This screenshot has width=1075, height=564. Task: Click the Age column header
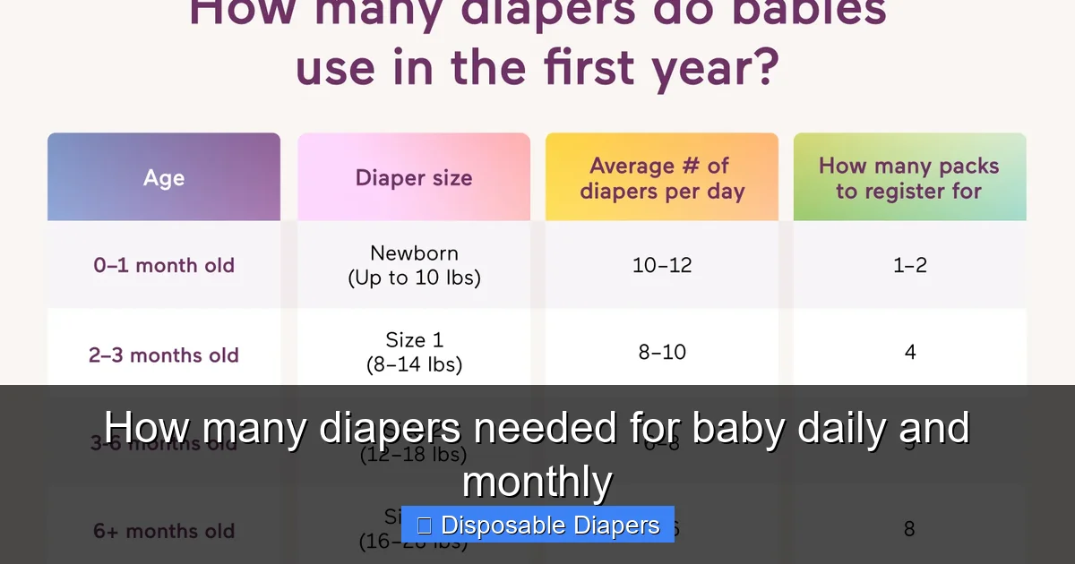pyautogui.click(x=164, y=177)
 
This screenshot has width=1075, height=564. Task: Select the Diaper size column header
pyautogui.click(x=414, y=177)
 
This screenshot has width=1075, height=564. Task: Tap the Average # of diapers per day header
pyautogui.click(x=662, y=178)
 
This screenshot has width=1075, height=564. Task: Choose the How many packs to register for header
pyautogui.click(x=909, y=178)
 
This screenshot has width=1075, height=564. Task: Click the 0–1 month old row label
pyautogui.click(x=164, y=265)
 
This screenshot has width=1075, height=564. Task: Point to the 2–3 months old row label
pyautogui.click(x=164, y=355)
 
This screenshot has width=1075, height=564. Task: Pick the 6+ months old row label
pyautogui.click(x=164, y=531)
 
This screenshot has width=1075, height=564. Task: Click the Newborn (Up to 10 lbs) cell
pyautogui.click(x=414, y=266)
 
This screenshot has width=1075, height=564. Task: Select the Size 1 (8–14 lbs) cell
pyautogui.click(x=414, y=353)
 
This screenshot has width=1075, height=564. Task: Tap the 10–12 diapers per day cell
pyautogui.click(x=662, y=265)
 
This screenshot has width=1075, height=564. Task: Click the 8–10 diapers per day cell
pyautogui.click(x=662, y=352)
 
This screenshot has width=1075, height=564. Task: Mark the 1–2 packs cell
pyautogui.click(x=909, y=265)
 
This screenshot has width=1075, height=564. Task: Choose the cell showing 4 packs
pyautogui.click(x=909, y=352)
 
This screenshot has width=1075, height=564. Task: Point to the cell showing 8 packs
pyautogui.click(x=909, y=529)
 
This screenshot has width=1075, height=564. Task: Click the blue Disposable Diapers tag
pyautogui.click(x=537, y=525)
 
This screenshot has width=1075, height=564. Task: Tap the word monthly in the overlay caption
pyautogui.click(x=537, y=483)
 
